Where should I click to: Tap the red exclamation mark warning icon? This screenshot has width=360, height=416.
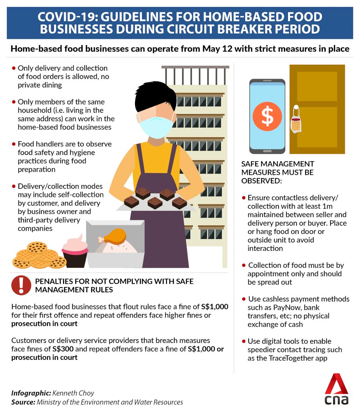21,285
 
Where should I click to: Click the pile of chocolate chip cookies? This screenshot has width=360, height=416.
38,255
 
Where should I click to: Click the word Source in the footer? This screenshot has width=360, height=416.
23,402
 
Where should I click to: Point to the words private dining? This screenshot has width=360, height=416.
40,85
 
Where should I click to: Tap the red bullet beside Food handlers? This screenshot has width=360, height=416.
14,144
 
